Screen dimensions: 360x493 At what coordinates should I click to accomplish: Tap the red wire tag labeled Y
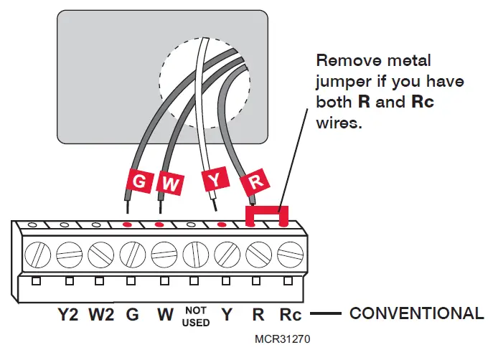tap(213, 179)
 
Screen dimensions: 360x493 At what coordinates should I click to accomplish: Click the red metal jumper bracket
tap(266, 213)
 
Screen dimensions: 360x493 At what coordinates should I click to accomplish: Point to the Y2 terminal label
tap(69, 313)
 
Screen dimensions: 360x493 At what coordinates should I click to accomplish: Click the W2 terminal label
tap(101, 313)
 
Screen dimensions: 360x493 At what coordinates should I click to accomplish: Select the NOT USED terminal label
tap(196, 316)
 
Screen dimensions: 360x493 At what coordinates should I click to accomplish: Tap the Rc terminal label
tap(291, 313)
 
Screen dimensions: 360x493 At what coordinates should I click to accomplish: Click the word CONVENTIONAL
tap(415, 313)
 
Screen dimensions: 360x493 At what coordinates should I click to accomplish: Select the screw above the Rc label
tap(289, 253)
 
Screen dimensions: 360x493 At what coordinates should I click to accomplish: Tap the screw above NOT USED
tap(195, 253)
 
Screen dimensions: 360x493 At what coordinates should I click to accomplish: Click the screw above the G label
tap(132, 253)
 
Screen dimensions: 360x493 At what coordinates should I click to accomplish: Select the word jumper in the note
tap(342, 82)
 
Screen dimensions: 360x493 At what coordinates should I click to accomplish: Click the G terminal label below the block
tap(132, 313)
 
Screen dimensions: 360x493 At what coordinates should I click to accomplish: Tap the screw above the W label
tap(164, 253)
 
